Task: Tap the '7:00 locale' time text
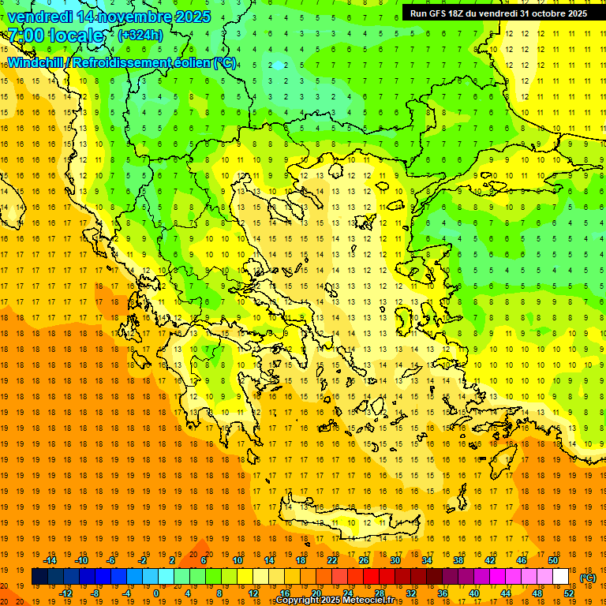coord(55,35)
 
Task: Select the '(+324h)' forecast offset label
coord(140,35)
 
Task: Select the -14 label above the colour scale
coord(50,560)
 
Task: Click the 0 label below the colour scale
coord(156,593)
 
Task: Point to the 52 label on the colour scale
coord(569,593)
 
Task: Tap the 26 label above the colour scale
coord(364,560)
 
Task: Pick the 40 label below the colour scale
coord(474,593)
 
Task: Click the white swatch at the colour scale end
coord(561,577)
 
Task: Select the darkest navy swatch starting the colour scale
coord(39,577)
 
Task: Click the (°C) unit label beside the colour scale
coord(588,578)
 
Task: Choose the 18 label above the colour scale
coord(301,560)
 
